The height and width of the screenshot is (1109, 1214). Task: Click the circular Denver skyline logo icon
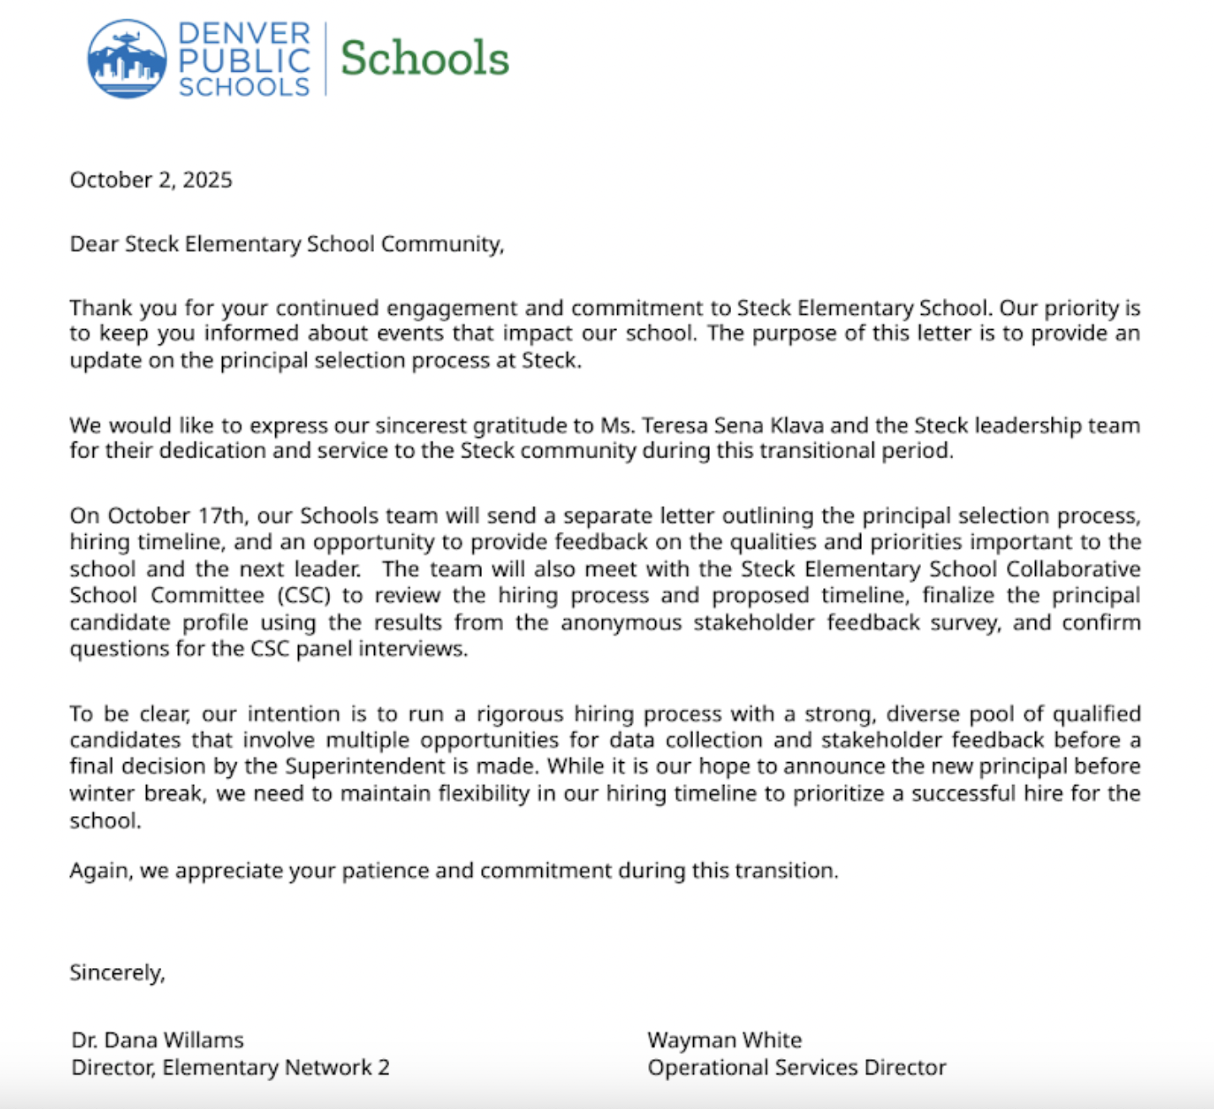[x=127, y=59]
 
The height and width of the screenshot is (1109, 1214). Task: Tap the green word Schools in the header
[x=425, y=58]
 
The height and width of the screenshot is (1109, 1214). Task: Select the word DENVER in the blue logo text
[x=244, y=34]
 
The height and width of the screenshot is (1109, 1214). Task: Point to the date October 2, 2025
[x=150, y=180]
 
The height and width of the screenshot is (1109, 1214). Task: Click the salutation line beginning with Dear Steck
[x=286, y=244]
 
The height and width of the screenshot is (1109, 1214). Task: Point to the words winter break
[x=136, y=793]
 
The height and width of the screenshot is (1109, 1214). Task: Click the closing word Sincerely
[x=117, y=972]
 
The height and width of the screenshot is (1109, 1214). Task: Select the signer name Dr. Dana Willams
[x=157, y=1040]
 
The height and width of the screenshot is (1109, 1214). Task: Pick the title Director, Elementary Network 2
[x=230, y=1068]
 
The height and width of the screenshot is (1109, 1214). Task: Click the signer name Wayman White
[x=724, y=1040]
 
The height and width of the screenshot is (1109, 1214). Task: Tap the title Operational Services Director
[x=796, y=1068]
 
